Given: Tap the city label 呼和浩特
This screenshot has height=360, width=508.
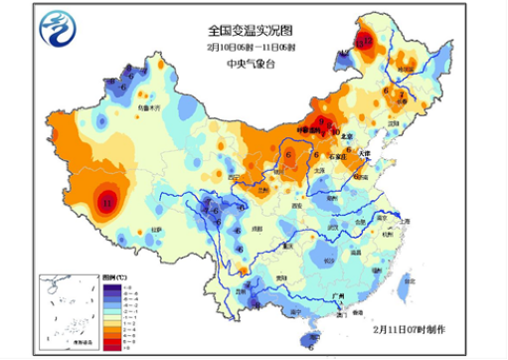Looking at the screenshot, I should (x=311, y=129).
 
